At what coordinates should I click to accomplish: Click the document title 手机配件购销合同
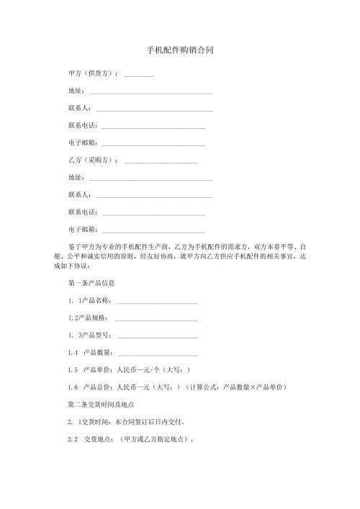coord(179,51)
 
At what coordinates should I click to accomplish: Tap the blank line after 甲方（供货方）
coord(139,75)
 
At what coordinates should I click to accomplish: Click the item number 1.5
coord(72,369)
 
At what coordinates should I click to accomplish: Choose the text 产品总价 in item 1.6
coord(98,387)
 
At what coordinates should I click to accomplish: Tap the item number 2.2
coord(72,438)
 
